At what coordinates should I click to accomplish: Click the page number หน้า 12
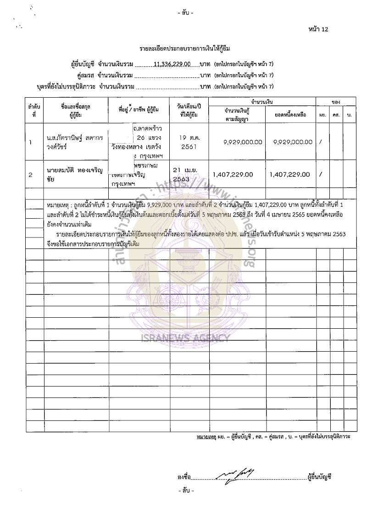(x=319, y=29)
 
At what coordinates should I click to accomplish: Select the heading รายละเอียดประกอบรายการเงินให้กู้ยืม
(x=185, y=48)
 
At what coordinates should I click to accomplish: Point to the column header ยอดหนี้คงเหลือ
(x=290, y=114)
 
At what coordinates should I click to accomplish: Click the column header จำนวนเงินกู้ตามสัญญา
(x=237, y=114)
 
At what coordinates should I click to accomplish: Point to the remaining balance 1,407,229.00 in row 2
(x=290, y=175)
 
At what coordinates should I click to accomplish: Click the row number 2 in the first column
(x=30, y=175)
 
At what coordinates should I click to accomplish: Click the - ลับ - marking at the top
(x=185, y=13)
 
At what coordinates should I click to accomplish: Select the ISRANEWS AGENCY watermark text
(x=185, y=339)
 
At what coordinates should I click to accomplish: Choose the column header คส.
(x=337, y=114)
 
